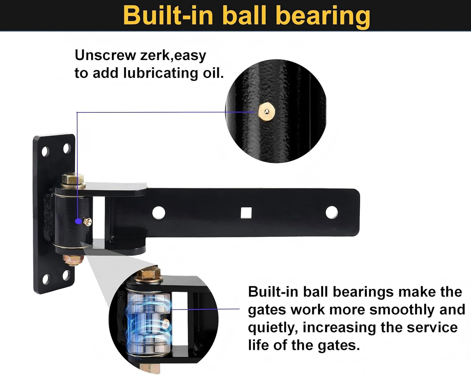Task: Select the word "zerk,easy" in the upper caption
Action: [173, 56]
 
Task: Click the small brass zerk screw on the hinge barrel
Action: [88, 222]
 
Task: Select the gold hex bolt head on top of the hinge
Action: [73, 179]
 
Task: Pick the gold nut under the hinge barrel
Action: [73, 260]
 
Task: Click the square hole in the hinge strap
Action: [246, 213]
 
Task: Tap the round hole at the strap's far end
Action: [331, 212]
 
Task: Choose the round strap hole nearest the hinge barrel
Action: [159, 213]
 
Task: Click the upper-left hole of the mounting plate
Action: [45, 151]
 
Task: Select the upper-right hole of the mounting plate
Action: [67, 148]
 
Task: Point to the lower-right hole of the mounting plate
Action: [66, 275]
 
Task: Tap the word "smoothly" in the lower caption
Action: [402, 310]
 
